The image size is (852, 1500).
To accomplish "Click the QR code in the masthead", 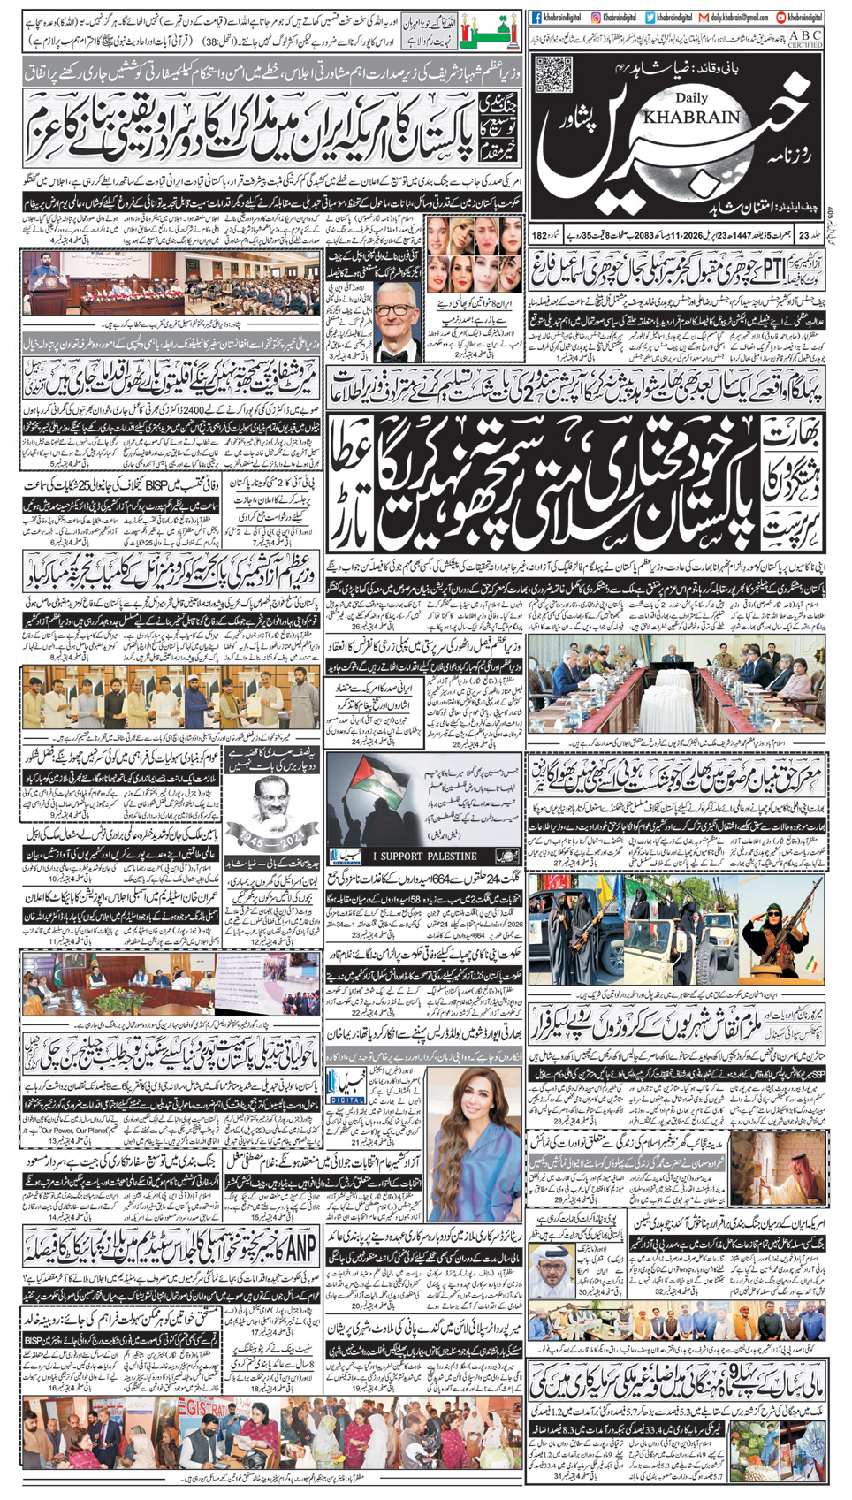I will [555, 74].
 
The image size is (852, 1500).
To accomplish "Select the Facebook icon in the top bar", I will [536, 17].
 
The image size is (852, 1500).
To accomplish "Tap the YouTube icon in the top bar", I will [781, 17].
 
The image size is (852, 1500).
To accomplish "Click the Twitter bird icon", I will [650, 17].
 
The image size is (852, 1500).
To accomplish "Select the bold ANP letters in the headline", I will [300, 1248].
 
